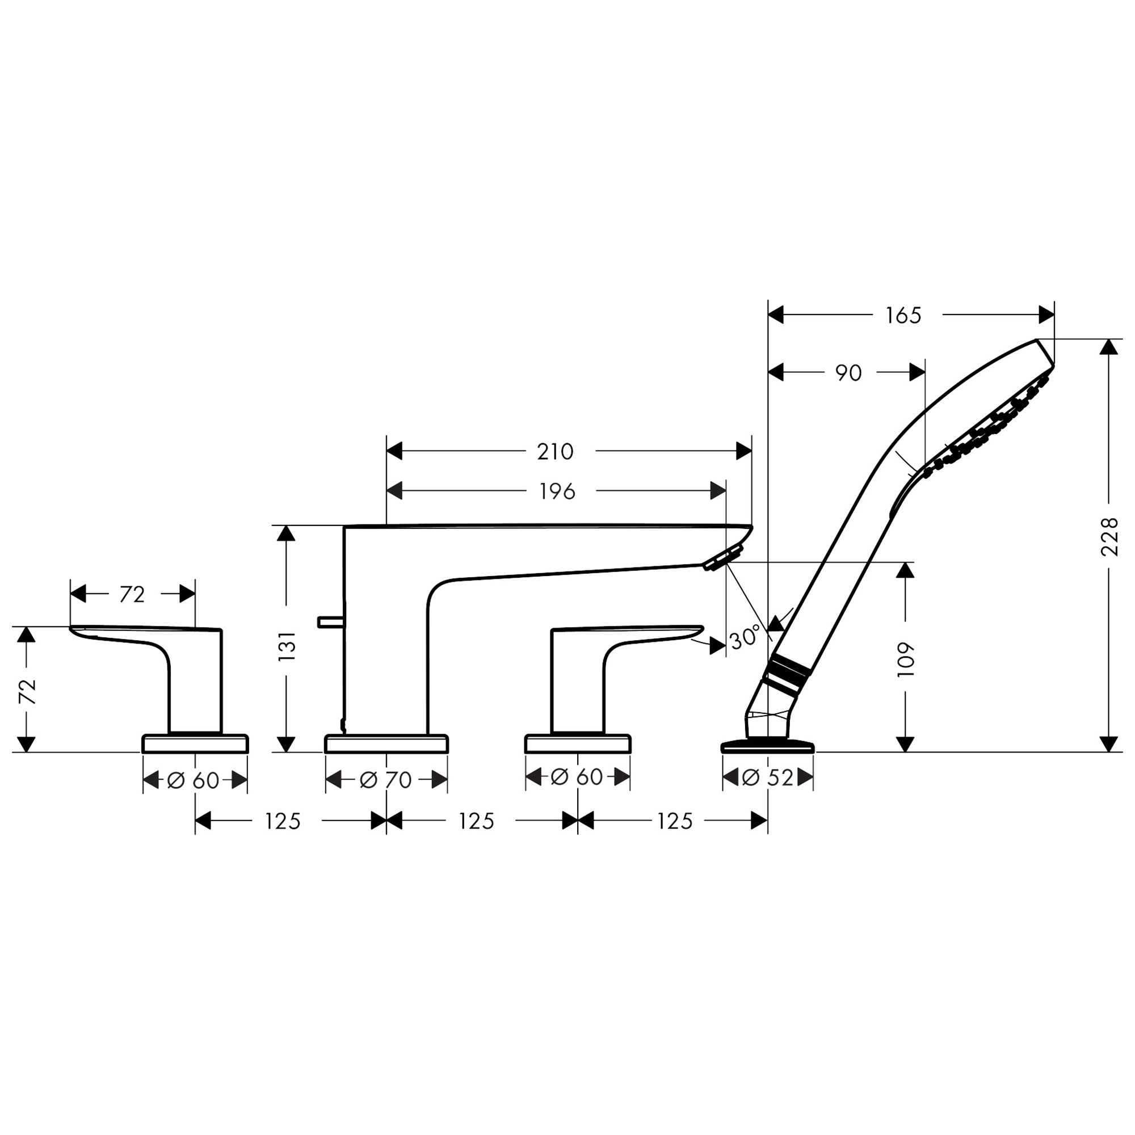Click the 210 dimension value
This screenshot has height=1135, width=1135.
coord(554,452)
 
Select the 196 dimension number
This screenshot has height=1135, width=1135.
coord(557,491)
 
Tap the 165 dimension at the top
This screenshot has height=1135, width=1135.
coord(903,316)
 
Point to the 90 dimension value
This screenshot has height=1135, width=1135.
coord(848,373)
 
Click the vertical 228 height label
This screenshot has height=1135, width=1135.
coord(1108,537)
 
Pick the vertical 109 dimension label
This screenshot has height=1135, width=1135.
coord(906,659)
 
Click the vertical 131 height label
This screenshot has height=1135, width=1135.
coord(287,646)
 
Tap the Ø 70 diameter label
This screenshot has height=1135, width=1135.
coord(386,780)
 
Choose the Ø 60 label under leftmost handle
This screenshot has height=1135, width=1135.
coord(194,780)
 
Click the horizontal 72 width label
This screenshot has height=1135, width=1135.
coord(132,595)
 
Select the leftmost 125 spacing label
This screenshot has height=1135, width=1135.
coord(282,821)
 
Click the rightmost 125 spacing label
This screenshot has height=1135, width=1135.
coord(674,821)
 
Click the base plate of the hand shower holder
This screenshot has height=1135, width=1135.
coord(767,747)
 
